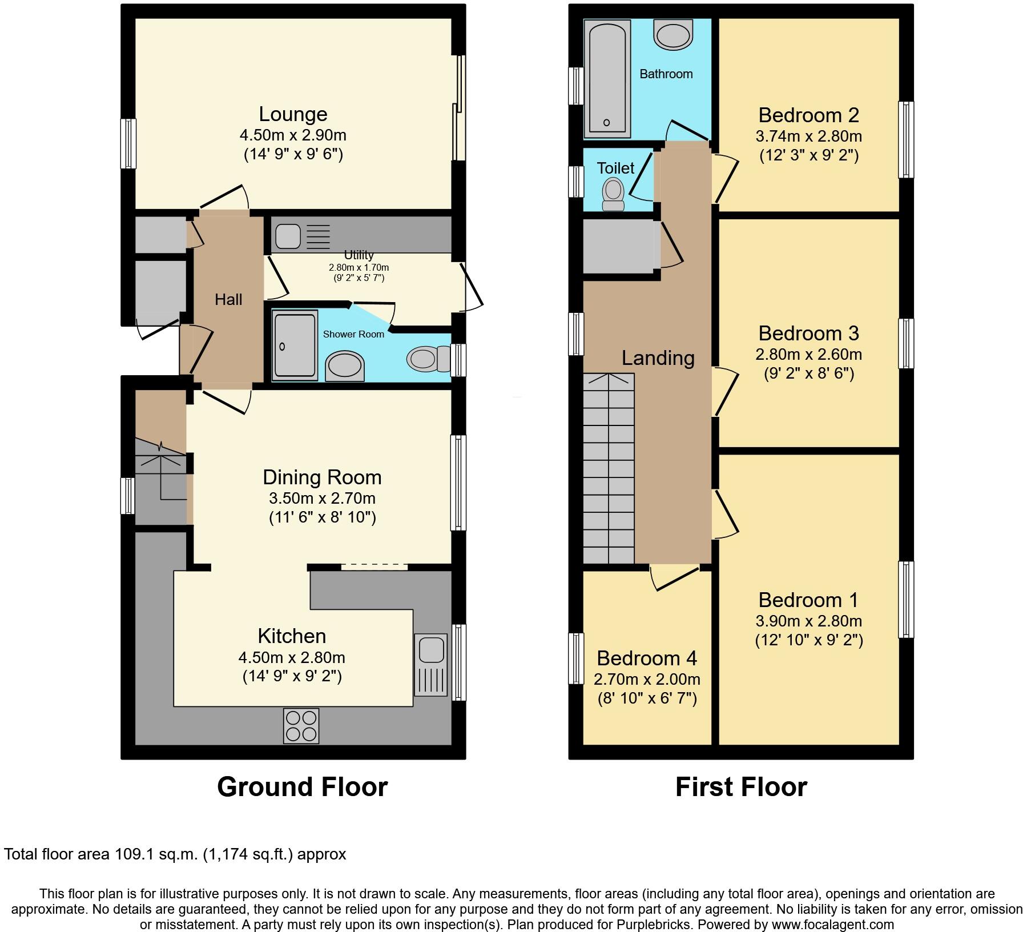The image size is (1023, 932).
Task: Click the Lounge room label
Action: (293, 114)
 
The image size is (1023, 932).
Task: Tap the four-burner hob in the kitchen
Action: (301, 726)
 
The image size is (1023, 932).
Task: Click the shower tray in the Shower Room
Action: (295, 345)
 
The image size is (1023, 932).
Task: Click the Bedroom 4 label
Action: (646, 658)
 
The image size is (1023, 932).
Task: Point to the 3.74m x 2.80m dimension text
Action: (808, 136)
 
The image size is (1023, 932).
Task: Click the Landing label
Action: (658, 358)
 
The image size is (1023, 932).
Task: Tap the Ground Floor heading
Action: (302, 787)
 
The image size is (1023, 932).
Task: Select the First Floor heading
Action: (741, 787)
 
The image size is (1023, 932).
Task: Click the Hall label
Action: (228, 299)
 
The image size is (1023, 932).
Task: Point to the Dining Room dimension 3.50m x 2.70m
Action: (322, 498)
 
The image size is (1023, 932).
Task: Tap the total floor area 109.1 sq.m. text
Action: (175, 854)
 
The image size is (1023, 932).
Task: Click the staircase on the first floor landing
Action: (609, 468)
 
